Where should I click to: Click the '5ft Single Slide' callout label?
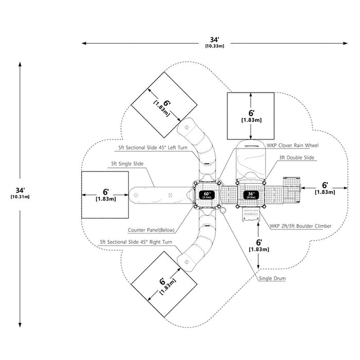pos(127,164)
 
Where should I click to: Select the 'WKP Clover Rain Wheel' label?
pos(293,146)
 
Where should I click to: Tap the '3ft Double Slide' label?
pos(297,157)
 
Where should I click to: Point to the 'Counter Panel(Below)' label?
pos(151,230)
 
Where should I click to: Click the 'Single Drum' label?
pos(272,278)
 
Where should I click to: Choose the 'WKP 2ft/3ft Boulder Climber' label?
pos(300,226)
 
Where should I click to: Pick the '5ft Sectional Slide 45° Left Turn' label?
pos(153,148)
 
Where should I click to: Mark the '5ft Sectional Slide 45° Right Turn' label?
pos(136,242)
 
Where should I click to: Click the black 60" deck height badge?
pos(207,195)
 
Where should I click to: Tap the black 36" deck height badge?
pos(251,195)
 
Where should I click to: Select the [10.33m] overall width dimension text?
pos(214,46)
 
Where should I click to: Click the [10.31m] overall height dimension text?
pos(20,197)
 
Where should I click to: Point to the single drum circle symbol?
pos(223,210)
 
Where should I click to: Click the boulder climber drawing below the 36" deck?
pos(251,214)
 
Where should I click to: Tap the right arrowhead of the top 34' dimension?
pos(346,43)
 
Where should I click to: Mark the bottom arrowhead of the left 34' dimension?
pos(20,325)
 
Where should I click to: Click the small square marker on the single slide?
pos(170,195)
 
